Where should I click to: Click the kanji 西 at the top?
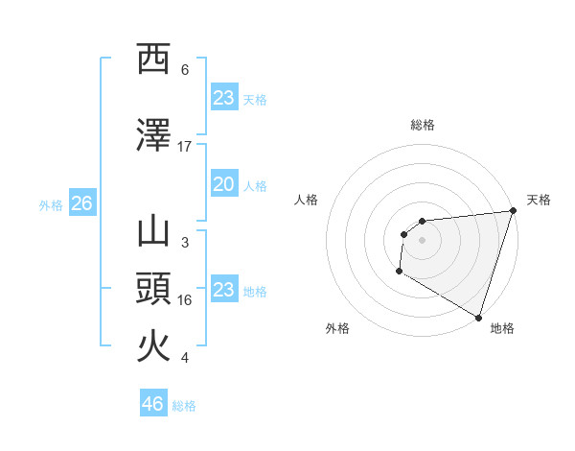(153, 59)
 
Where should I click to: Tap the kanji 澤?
(153, 136)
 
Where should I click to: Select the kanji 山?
(153, 233)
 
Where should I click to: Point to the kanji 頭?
(153, 289)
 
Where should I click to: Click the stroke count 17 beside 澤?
(185, 147)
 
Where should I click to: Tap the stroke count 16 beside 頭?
(185, 300)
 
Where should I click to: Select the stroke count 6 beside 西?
(185, 70)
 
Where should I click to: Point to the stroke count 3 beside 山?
(185, 243)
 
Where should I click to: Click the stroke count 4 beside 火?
(185, 358)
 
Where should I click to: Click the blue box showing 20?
(223, 184)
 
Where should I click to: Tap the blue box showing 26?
(81, 203)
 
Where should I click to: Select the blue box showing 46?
(153, 404)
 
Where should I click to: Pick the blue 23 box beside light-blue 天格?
(223, 98)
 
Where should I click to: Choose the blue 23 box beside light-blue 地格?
(223, 290)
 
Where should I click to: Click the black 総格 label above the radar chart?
(423, 125)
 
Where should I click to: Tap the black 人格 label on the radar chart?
(306, 200)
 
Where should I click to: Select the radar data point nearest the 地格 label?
(477, 317)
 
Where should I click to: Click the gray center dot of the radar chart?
(422, 240)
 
